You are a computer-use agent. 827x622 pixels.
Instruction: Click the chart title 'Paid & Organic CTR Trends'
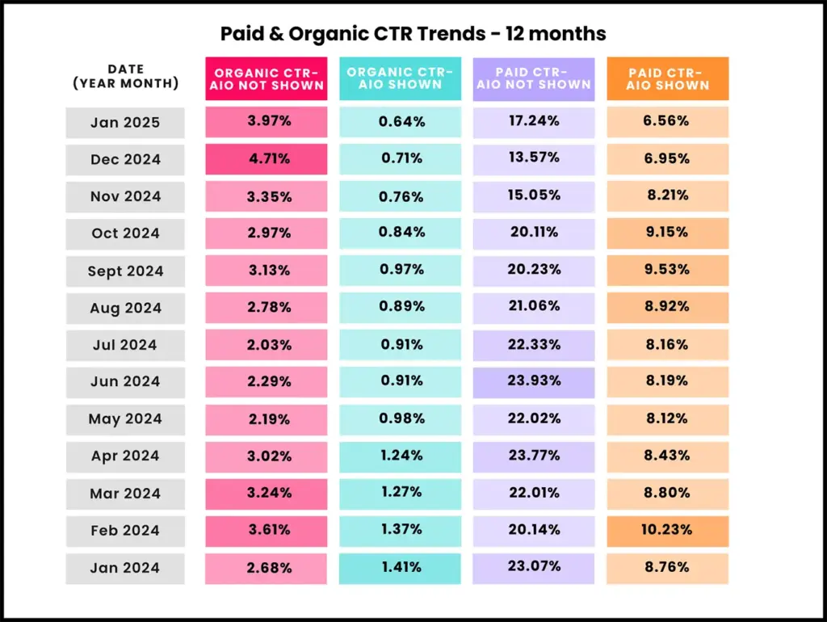413,34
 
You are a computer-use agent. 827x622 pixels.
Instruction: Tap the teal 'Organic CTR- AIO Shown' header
401,78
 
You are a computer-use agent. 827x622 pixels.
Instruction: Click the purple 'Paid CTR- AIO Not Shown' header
534,78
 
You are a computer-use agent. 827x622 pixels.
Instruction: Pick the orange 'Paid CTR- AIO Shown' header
668,78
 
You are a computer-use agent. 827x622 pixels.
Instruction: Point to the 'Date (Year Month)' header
125,77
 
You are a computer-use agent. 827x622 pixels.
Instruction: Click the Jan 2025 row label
125,123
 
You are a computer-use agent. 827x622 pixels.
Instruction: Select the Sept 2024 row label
125,271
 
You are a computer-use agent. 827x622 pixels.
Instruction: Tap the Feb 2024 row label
125,531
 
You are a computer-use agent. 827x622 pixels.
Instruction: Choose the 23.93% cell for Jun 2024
534,381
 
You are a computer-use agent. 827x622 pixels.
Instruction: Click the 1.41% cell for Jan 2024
401,567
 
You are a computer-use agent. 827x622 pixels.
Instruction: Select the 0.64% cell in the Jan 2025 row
401,122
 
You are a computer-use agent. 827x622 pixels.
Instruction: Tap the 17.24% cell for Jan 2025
534,122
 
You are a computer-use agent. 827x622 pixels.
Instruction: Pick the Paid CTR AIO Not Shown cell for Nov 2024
534,196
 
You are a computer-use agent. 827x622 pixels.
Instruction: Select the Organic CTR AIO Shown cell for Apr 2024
401,456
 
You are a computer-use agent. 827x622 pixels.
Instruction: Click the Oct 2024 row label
125,233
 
